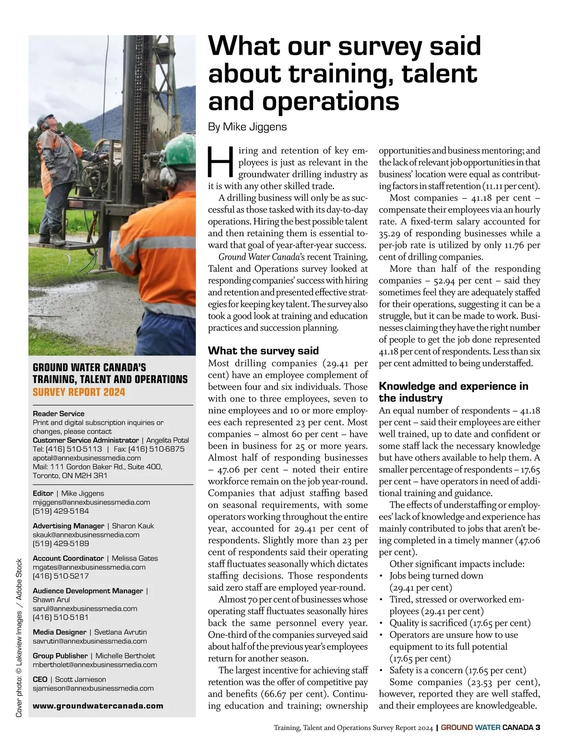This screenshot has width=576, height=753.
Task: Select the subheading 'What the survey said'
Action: click(x=263, y=351)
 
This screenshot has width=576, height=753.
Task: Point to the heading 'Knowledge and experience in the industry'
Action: click(x=453, y=392)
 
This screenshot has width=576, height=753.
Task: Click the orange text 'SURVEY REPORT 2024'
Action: click(x=79, y=392)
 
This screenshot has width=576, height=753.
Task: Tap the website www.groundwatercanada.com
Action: click(x=98, y=706)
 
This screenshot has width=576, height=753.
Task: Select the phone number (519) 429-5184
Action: click(x=60, y=511)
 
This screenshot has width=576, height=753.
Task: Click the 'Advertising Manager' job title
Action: click(x=68, y=526)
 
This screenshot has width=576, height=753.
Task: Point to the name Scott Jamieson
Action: click(x=80, y=680)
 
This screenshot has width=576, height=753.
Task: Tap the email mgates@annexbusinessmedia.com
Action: click(x=89, y=567)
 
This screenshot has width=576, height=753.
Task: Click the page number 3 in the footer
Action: click(x=538, y=727)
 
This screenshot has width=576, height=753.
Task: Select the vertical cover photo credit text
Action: click(x=19, y=638)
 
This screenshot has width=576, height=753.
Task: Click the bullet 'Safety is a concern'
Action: click(x=457, y=670)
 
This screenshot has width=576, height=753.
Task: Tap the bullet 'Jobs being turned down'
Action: click(x=436, y=576)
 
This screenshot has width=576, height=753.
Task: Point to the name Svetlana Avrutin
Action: click(x=120, y=632)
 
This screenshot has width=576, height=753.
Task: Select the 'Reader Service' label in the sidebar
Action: click(x=58, y=414)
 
